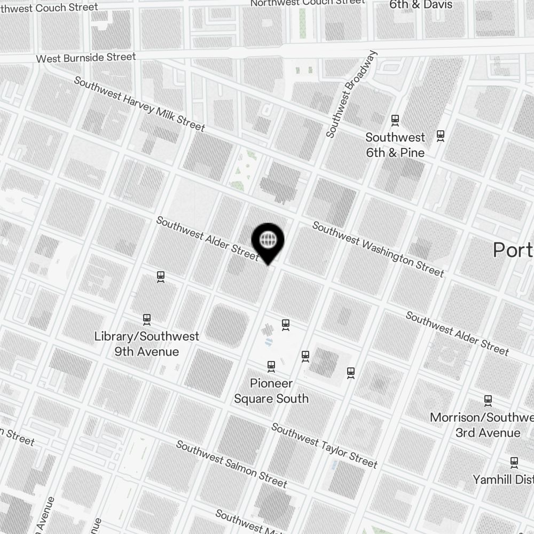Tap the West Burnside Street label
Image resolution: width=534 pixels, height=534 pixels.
coord(86,57)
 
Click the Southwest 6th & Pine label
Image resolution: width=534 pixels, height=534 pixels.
coord(395,145)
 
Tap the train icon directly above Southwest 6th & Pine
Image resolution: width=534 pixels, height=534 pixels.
coord(395,120)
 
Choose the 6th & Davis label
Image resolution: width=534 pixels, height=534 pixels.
coord(421,5)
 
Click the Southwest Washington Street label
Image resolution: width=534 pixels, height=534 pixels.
coord(378,249)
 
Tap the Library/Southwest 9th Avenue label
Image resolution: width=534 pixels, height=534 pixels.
coord(146,344)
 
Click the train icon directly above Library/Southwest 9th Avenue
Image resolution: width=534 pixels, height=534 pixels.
coord(147,319)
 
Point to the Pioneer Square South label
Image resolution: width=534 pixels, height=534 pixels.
coord(271,391)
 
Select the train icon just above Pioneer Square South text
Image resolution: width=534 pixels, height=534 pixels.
coord(271,366)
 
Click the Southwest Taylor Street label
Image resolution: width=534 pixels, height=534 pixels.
coord(324,445)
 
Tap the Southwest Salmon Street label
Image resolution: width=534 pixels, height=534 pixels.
coord(231,464)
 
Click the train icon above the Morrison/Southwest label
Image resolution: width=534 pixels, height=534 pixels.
coord(488,400)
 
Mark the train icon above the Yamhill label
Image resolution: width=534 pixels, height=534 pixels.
coord(514,461)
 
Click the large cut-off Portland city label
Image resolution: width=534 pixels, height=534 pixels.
coord(513,249)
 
